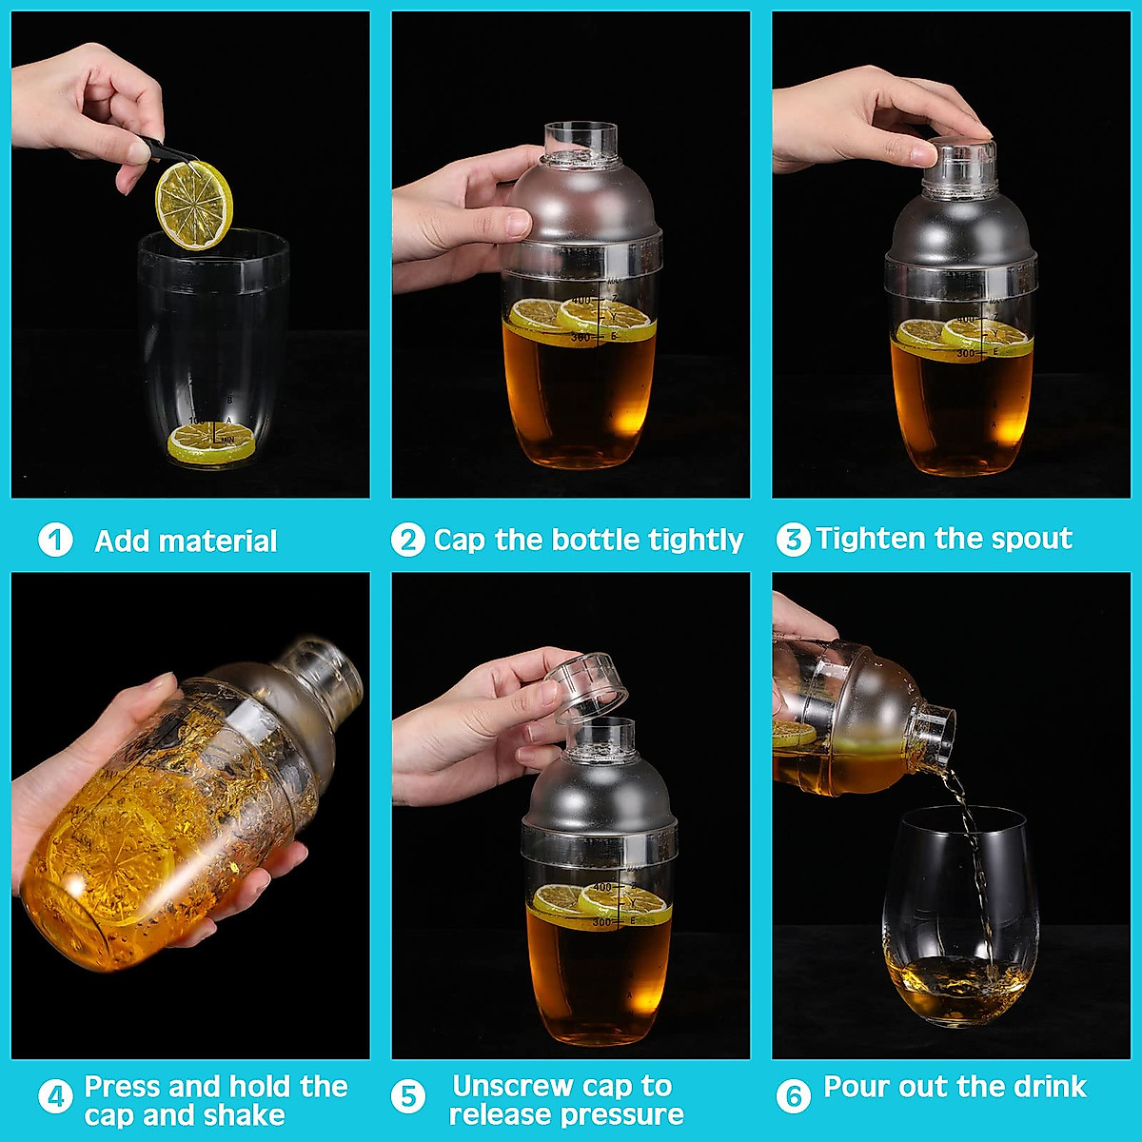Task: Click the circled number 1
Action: click(x=55, y=541)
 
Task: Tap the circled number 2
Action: click(x=407, y=541)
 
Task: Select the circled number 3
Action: click(x=793, y=540)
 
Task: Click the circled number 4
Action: click(x=55, y=1097)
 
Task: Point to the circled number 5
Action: click(x=407, y=1097)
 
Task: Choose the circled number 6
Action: click(x=793, y=1097)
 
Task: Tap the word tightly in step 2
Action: click(x=695, y=541)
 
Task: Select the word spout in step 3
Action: click(x=1032, y=540)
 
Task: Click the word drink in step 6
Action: click(x=1049, y=1087)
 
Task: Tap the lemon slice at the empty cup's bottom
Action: click(x=211, y=443)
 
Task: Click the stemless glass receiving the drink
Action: click(x=959, y=914)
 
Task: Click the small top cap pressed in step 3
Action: click(x=960, y=166)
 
